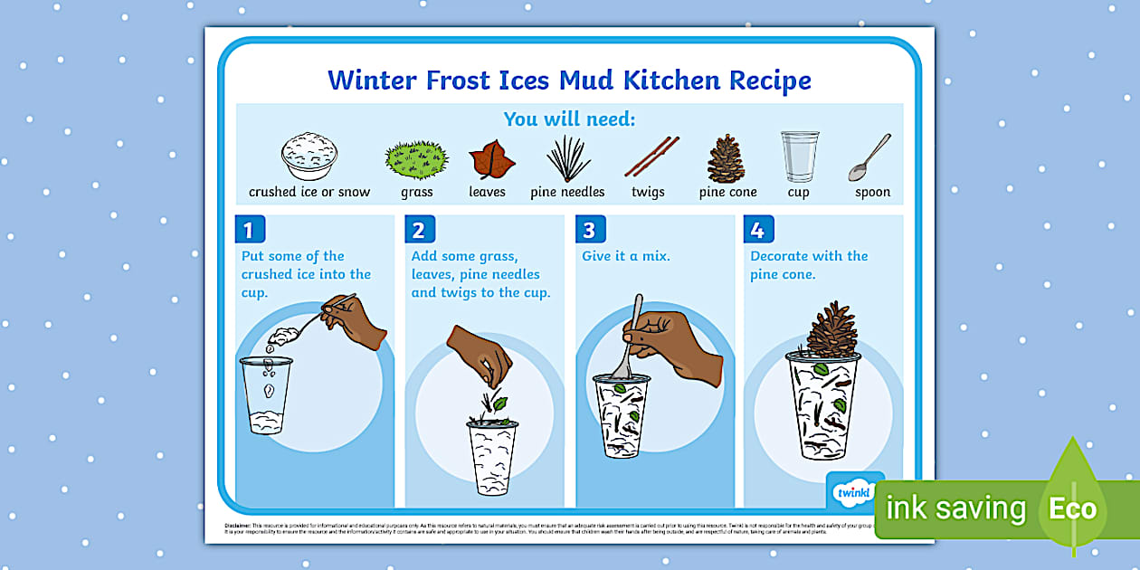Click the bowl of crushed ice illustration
tap(309, 157)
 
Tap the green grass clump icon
tap(416, 159)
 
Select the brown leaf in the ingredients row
tap(491, 160)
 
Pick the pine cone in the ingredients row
tap(726, 158)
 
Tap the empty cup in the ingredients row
tap(799, 157)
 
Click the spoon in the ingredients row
tap(869, 158)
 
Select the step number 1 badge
tap(249, 230)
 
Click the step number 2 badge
tap(419, 230)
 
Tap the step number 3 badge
tap(589, 230)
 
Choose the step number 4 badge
tap(758, 230)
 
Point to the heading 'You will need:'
tap(569, 119)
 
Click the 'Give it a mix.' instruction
tap(626, 256)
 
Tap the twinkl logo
tap(850, 492)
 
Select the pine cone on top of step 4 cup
tap(831, 330)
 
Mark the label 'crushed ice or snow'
tap(309, 192)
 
